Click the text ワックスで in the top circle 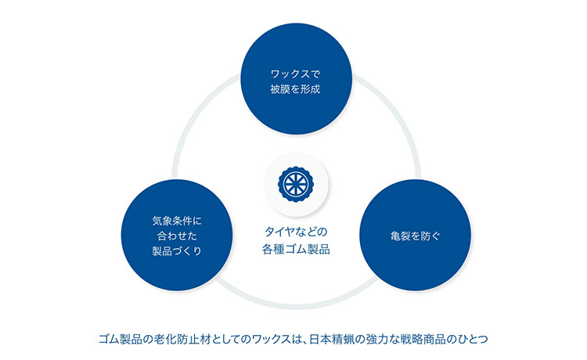pyautogui.click(x=296, y=74)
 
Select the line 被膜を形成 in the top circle pyautogui.click(x=296, y=89)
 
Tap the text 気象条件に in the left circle pyautogui.click(x=177, y=221)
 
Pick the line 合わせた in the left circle pyautogui.click(x=177, y=236)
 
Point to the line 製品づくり pyautogui.click(x=177, y=250)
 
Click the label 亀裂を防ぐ pyautogui.click(x=416, y=236)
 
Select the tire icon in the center pyautogui.click(x=296, y=184)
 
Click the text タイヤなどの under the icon pyautogui.click(x=296, y=232)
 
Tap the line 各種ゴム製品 pyautogui.click(x=296, y=249)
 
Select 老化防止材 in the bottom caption pyautogui.click(x=178, y=340)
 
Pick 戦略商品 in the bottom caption pyautogui.click(x=427, y=340)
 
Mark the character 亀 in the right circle pyautogui.click(x=395, y=236)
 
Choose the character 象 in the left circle pyautogui.click(x=167, y=221)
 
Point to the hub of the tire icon pyautogui.click(x=296, y=184)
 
